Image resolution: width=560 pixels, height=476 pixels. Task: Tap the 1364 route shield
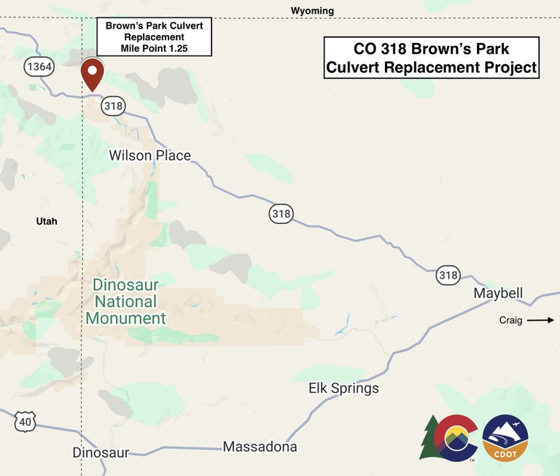[x=39, y=67]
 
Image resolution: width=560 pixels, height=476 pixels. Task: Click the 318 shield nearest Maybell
[x=448, y=275]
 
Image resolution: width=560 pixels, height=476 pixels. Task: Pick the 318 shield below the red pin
[x=113, y=106]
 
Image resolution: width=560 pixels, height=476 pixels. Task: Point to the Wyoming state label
[x=312, y=11]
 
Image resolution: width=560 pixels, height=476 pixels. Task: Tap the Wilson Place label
[x=149, y=155]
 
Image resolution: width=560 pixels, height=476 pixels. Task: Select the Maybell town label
[x=498, y=294]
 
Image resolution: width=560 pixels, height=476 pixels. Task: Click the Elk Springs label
[x=343, y=388]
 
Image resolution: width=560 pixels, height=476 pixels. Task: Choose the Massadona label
[x=260, y=447]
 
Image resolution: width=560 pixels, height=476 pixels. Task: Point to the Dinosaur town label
[x=101, y=453]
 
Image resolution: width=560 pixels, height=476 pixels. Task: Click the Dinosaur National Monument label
[x=125, y=301]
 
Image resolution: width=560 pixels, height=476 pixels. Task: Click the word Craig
[x=510, y=320]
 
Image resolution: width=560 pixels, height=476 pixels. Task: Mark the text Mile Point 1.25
[x=154, y=48]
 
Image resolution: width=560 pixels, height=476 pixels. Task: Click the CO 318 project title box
[x=432, y=58]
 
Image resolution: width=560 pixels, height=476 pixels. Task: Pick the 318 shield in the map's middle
[x=281, y=214]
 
